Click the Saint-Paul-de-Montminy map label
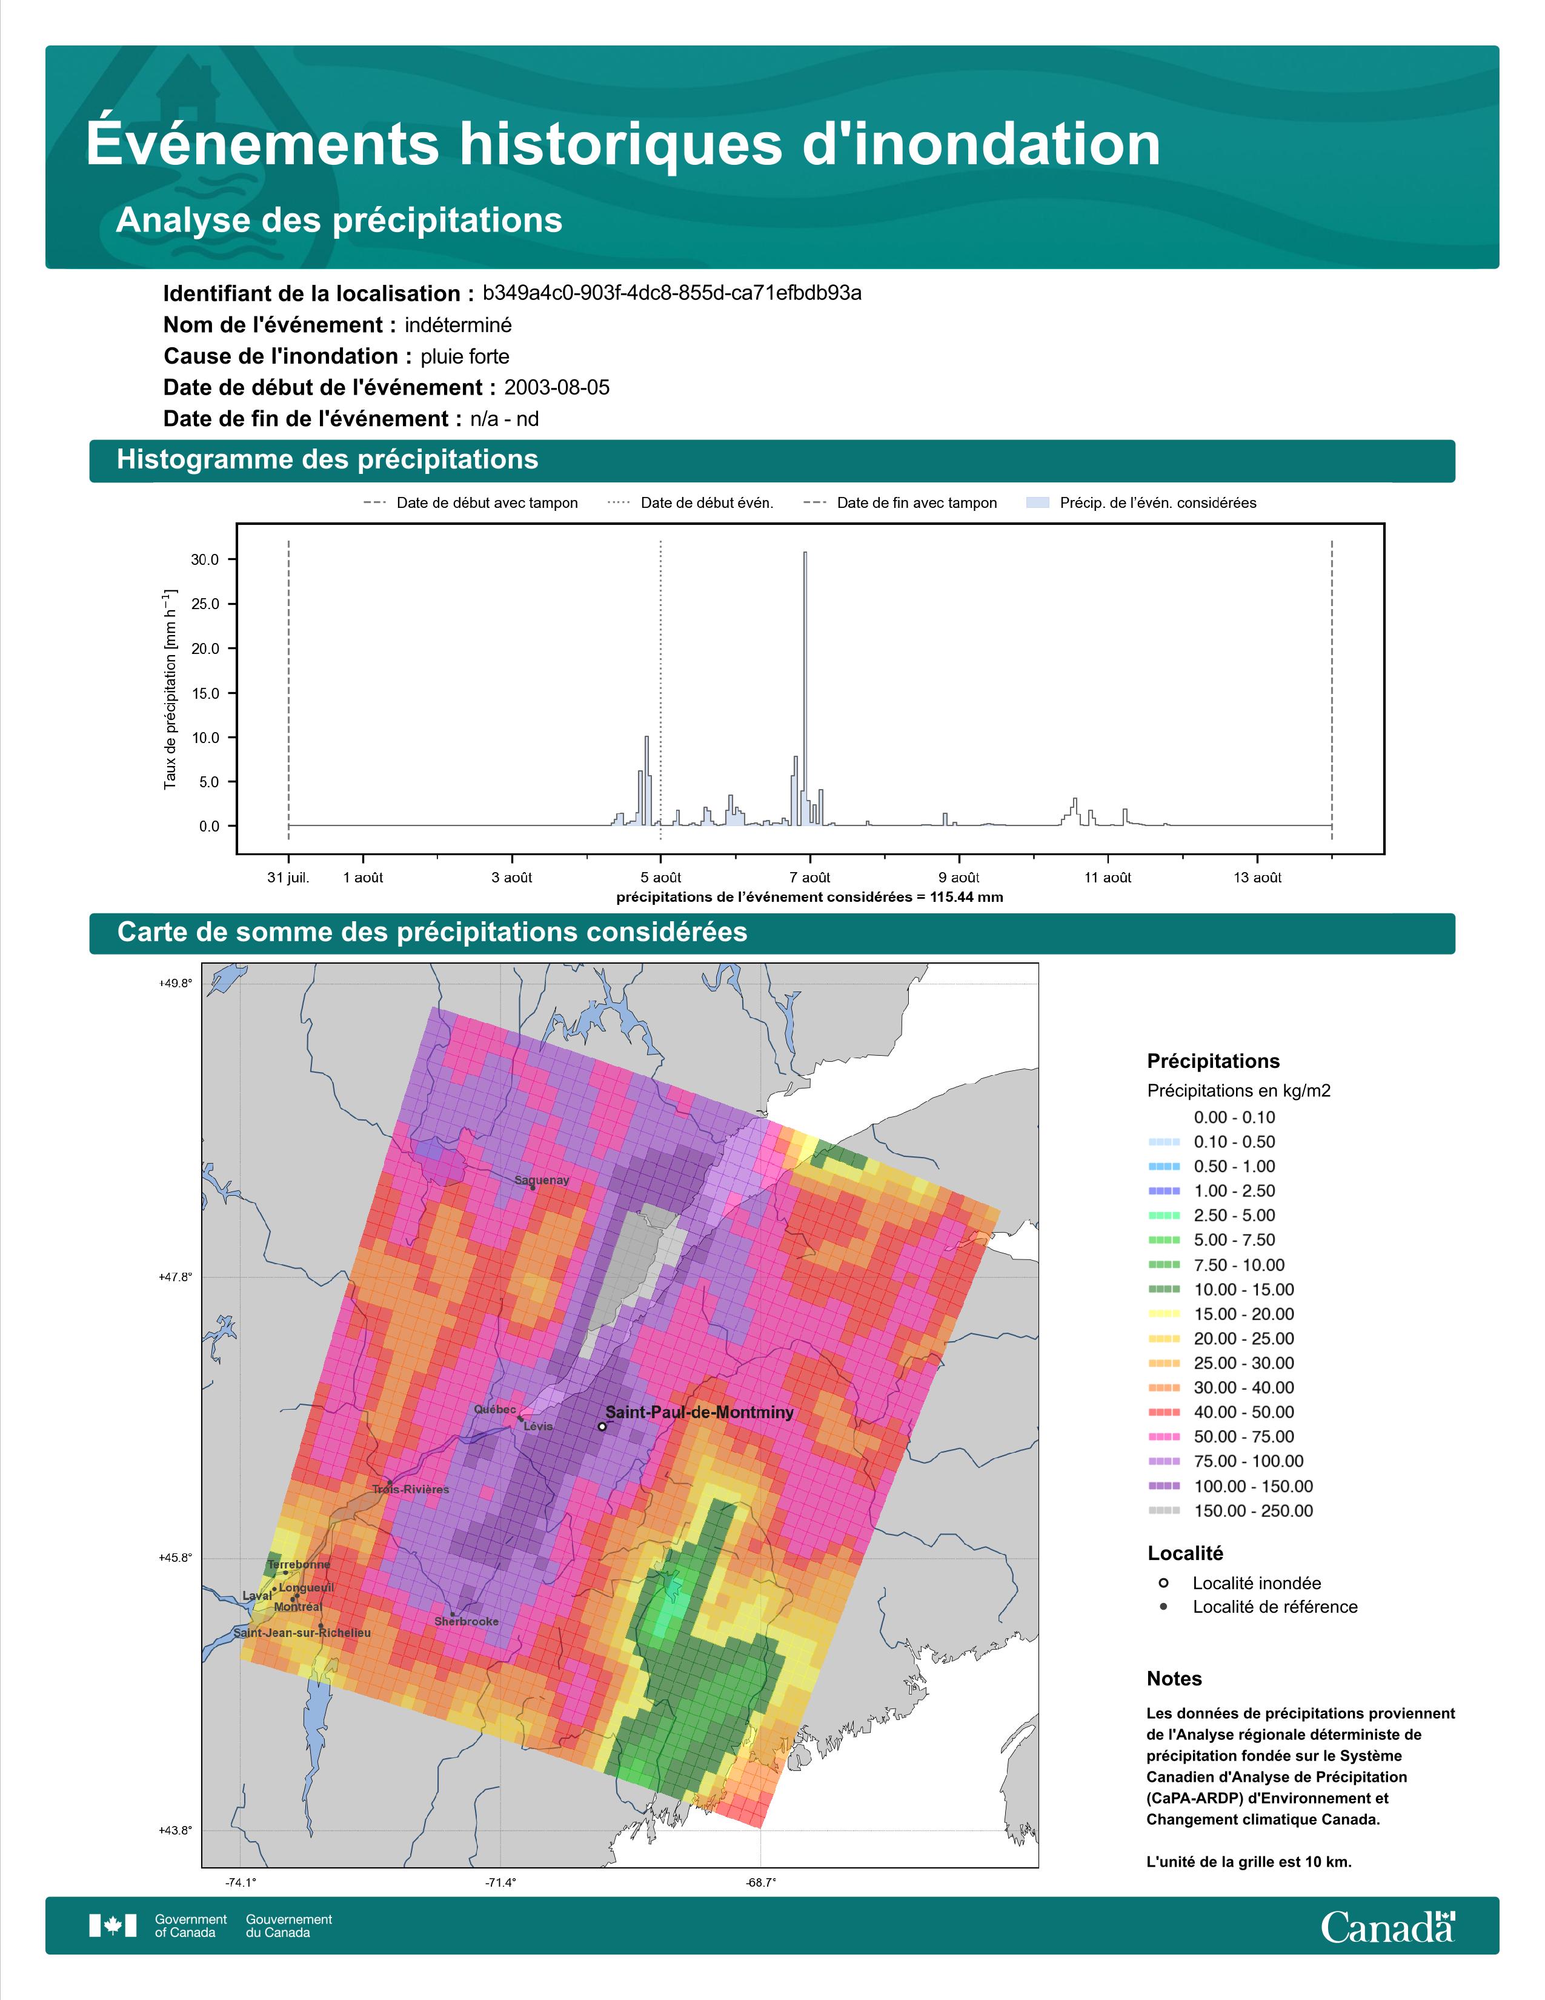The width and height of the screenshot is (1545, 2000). pyautogui.click(x=699, y=1412)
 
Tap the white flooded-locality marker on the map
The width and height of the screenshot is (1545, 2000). pyautogui.click(x=602, y=1427)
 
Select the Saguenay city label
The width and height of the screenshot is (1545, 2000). pyautogui.click(x=542, y=1181)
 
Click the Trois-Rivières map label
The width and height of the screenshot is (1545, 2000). pyautogui.click(x=410, y=1489)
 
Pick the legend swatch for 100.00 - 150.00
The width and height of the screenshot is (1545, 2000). pyautogui.click(x=1163, y=1486)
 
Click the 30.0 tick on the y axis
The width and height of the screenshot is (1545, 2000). pyautogui.click(x=205, y=559)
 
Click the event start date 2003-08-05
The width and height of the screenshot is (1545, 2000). pyautogui.click(x=556, y=387)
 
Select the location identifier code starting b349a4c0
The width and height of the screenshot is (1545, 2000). pyautogui.click(x=672, y=293)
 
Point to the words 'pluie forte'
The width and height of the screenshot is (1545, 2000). pyautogui.click(x=465, y=356)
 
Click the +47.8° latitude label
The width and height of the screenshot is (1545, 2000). pyautogui.click(x=176, y=1276)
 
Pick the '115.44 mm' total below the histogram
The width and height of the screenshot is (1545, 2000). pyautogui.click(x=966, y=896)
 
